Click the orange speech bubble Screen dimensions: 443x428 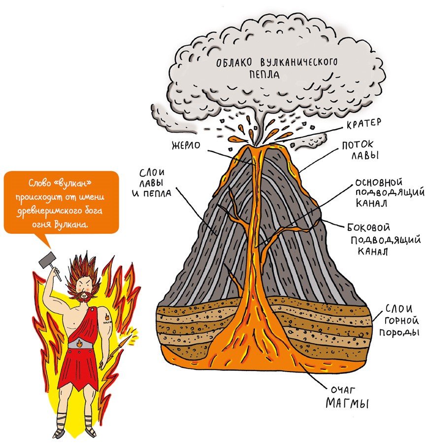62,202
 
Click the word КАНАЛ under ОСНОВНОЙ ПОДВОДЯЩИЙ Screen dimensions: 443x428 369,203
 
